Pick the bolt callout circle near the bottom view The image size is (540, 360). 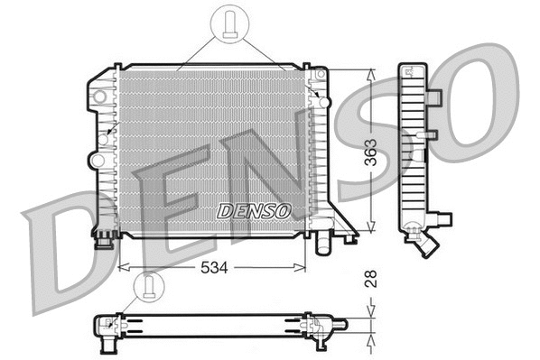[148, 287]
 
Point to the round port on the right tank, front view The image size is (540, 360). [324, 101]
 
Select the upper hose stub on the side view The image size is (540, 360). [434, 96]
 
